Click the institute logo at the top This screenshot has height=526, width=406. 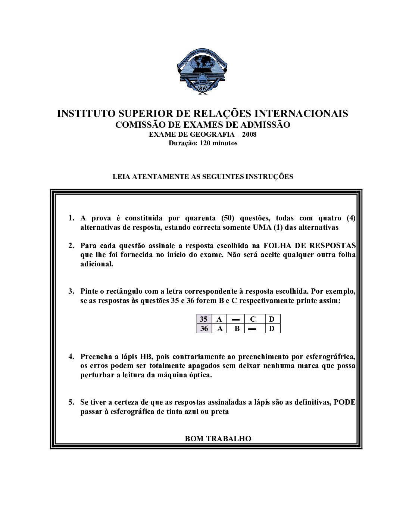pyautogui.click(x=202, y=71)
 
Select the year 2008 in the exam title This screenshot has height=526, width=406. pyautogui.click(x=249, y=134)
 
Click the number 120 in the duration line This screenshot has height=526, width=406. pyautogui.click(x=205, y=143)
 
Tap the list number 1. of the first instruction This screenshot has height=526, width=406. pyautogui.click(x=71, y=218)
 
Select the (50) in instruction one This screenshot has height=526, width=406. pyautogui.click(x=227, y=218)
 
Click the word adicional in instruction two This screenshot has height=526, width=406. pyautogui.click(x=97, y=264)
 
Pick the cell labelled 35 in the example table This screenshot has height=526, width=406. pyautogui.click(x=204, y=319)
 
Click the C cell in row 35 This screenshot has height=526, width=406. pyautogui.click(x=253, y=319)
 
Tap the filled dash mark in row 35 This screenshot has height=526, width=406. pyautogui.click(x=235, y=319)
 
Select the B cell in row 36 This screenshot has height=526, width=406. pyautogui.click(x=237, y=329)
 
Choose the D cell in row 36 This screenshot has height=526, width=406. pyautogui.click(x=272, y=329)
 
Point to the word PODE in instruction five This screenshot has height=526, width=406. pyautogui.click(x=344, y=402)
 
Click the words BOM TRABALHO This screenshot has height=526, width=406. pyautogui.click(x=218, y=439)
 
